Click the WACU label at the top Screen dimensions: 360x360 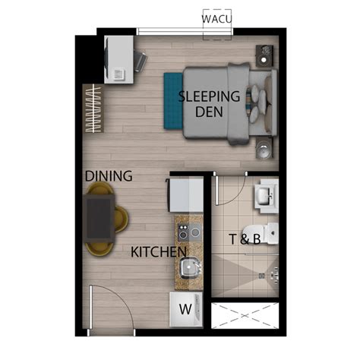217,17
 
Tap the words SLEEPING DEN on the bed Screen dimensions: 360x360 210,103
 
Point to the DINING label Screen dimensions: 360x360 109,176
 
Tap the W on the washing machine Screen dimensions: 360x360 185,309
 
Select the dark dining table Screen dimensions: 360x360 99,216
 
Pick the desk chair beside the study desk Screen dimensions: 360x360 140,60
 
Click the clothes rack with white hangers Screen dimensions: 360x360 92,109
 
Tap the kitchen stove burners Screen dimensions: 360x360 188,229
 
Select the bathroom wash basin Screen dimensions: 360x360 266,196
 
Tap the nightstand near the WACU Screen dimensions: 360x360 265,55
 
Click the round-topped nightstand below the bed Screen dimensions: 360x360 264,147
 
